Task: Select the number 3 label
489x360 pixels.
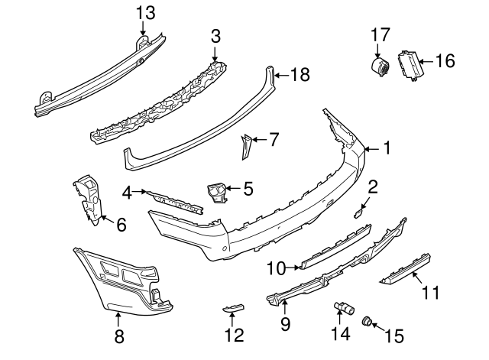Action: click(215, 35)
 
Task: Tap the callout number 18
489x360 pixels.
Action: click(300, 74)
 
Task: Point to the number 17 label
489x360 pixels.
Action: click(381, 34)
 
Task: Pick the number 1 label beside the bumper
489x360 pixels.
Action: click(387, 148)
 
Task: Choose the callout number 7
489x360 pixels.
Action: click(274, 139)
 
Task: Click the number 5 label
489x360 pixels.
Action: click(247, 188)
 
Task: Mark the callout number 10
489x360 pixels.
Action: click(276, 268)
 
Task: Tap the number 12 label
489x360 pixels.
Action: click(235, 334)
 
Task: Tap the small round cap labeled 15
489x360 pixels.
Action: click(367, 321)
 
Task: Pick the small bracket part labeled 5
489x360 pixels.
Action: click(216, 191)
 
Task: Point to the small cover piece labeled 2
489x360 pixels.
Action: click(358, 215)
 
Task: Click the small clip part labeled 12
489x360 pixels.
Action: click(232, 307)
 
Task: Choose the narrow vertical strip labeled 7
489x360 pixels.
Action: click(246, 146)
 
